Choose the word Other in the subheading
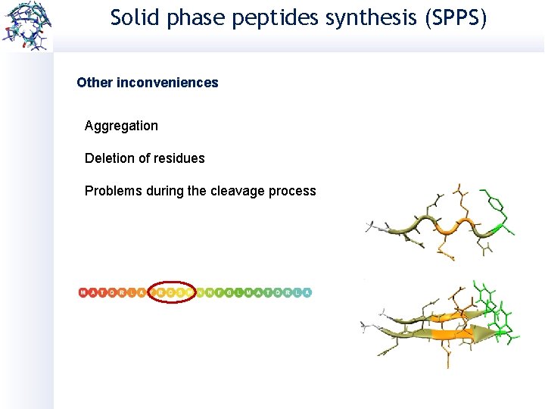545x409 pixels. point(95,83)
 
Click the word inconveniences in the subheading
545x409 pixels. point(167,83)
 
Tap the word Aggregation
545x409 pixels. point(121,126)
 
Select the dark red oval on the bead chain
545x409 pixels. point(173,292)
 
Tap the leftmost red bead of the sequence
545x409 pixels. point(83,292)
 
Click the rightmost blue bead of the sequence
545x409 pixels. point(307,292)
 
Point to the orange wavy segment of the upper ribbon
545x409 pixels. point(454,225)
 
